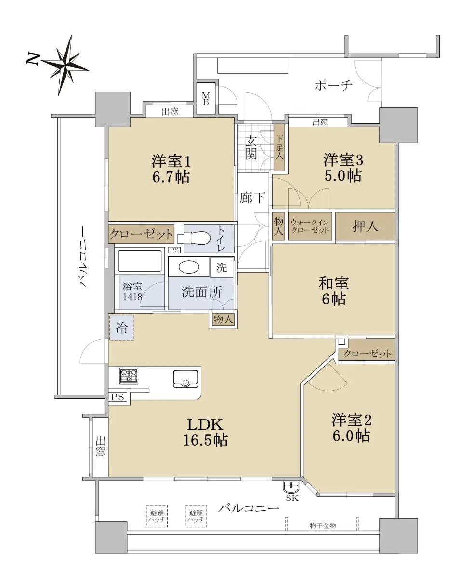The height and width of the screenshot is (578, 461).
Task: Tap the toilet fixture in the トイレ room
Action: [194, 237]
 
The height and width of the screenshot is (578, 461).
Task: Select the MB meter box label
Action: [206, 99]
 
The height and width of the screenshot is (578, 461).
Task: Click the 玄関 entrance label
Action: [250, 148]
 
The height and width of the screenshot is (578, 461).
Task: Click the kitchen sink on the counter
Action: [185, 379]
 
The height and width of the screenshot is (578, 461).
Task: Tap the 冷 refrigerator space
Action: [122, 328]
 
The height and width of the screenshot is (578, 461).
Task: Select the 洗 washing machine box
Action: [222, 267]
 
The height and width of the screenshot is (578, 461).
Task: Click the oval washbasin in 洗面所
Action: [189, 267]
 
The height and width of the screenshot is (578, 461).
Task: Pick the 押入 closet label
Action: [365, 226]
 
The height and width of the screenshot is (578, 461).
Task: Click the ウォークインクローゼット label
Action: [310, 226]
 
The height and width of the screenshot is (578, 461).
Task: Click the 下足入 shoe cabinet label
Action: [279, 147]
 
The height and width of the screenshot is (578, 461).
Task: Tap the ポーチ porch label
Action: [333, 85]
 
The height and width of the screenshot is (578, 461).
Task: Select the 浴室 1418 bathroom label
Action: [132, 291]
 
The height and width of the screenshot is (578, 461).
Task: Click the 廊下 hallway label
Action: [252, 198]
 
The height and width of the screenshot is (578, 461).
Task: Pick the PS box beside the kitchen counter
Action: [118, 397]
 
